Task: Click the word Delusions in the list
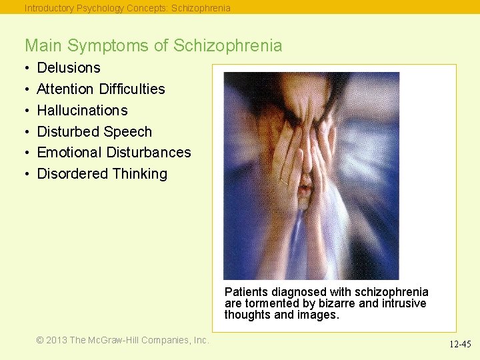(68, 68)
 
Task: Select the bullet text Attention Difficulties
(101, 89)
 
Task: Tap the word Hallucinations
(82, 111)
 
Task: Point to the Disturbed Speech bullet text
(94, 132)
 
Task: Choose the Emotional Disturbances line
(113, 153)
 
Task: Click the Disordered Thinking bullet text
(102, 174)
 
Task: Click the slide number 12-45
(459, 345)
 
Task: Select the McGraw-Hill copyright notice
(123, 340)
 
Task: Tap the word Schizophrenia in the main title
(227, 46)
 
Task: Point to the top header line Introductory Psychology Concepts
(127, 8)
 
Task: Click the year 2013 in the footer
(57, 340)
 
